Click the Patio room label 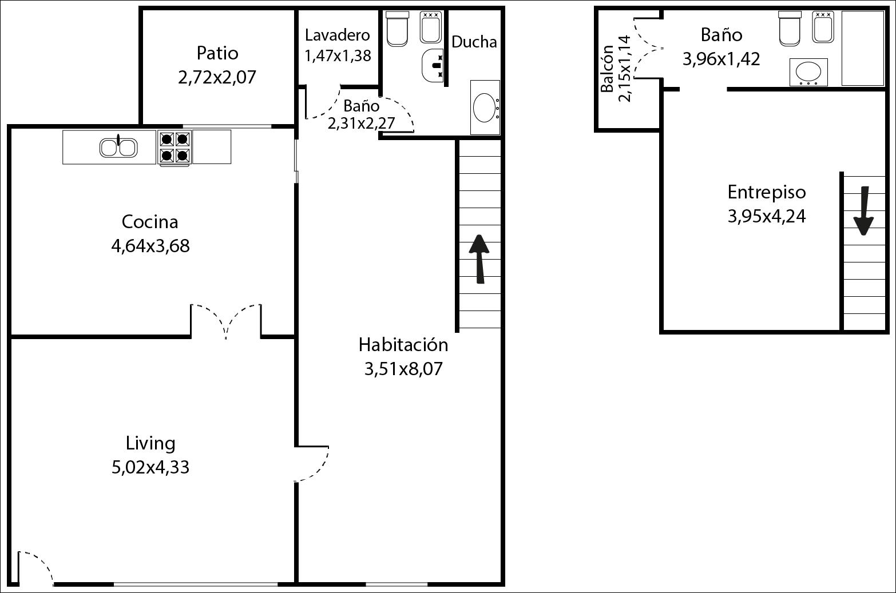coord(217,53)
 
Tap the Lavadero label coord(337,35)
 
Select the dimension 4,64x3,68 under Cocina coord(150,246)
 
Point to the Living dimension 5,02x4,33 coord(150,467)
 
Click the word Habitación coord(403,345)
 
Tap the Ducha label coord(474,42)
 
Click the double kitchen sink coord(118,147)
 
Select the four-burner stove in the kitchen coord(175,147)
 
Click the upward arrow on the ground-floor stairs coord(479,259)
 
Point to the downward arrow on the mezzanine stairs coord(863,211)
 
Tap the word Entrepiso coord(766,192)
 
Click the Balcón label coord(608,69)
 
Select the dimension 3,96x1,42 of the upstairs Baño coord(721,59)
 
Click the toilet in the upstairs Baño coord(790,28)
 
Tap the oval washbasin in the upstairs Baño coord(808,73)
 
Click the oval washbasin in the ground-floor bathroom coord(485,107)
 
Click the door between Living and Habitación coord(312,464)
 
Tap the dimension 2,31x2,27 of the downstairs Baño coord(361,124)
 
